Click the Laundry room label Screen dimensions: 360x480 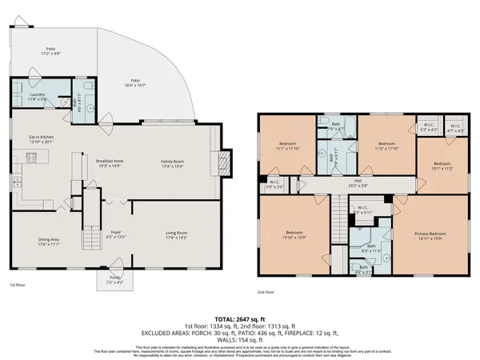tap(38, 98)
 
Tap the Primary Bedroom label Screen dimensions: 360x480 tap(430, 236)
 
